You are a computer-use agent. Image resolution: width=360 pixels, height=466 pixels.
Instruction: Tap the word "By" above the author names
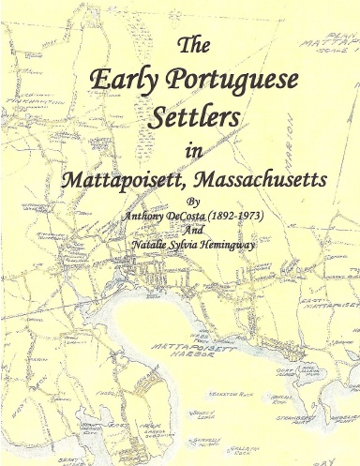pyautogui.click(x=193, y=201)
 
